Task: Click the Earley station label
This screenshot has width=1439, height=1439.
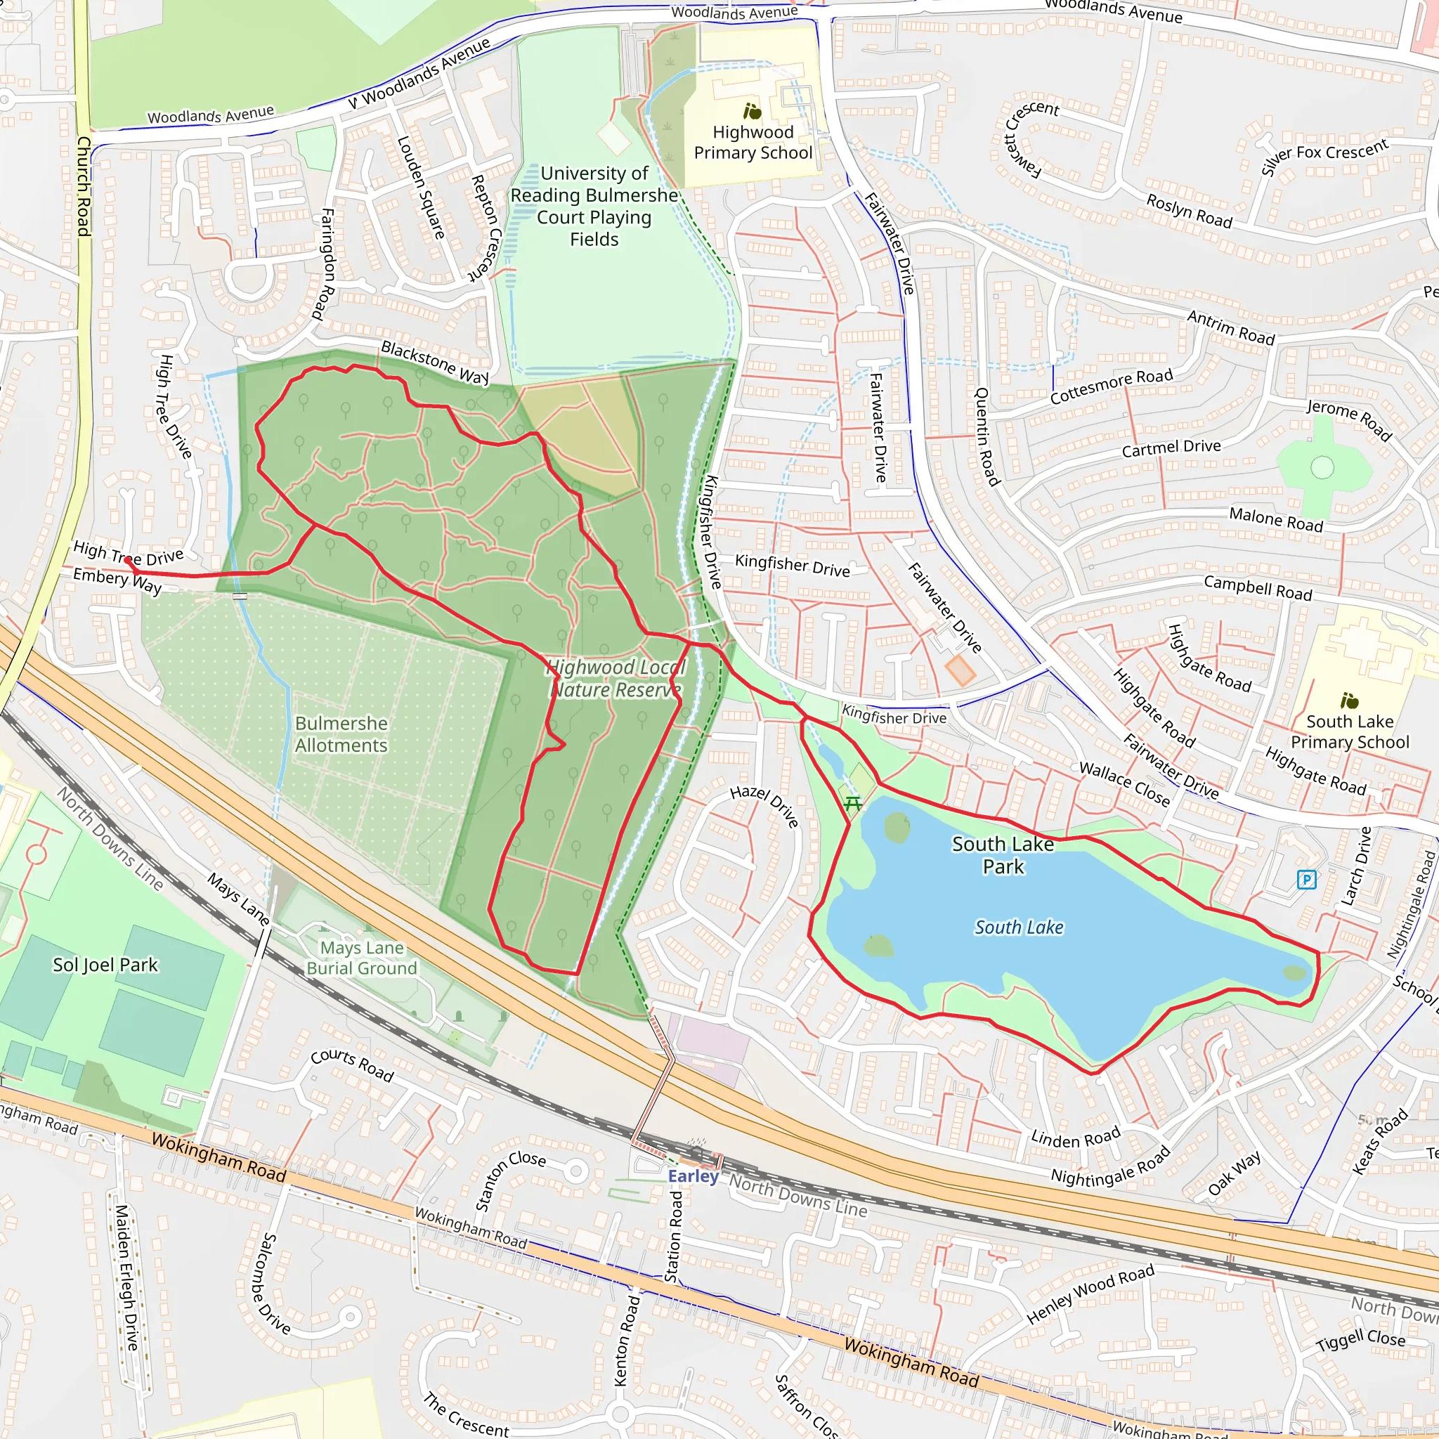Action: pyautogui.click(x=693, y=1176)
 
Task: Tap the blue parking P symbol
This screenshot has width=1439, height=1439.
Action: pyautogui.click(x=1306, y=880)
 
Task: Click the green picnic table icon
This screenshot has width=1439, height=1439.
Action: pyautogui.click(x=853, y=803)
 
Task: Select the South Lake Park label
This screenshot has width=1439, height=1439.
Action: pyautogui.click(x=1003, y=855)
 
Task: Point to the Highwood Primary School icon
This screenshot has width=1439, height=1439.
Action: pyautogui.click(x=753, y=112)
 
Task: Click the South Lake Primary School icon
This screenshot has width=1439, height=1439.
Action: pyautogui.click(x=1349, y=700)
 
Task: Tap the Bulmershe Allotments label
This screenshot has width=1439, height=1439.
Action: pyautogui.click(x=341, y=734)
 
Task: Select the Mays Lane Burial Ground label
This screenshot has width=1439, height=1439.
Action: pyautogui.click(x=362, y=958)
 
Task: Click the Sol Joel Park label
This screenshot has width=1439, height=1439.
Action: pyautogui.click(x=105, y=965)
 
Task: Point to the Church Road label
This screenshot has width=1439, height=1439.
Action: pyautogui.click(x=84, y=186)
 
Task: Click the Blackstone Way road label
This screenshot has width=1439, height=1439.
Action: pyautogui.click(x=434, y=362)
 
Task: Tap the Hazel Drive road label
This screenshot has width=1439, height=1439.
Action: pyautogui.click(x=764, y=805)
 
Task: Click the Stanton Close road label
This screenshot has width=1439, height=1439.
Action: pyautogui.click(x=510, y=1180)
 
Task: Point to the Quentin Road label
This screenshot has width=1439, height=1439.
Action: pyautogui.click(x=987, y=436)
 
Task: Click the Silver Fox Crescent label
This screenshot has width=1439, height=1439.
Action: pyautogui.click(x=1324, y=157)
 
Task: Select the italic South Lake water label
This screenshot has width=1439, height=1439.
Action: pyautogui.click(x=1019, y=927)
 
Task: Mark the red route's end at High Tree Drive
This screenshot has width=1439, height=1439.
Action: pyautogui.click(x=128, y=560)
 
